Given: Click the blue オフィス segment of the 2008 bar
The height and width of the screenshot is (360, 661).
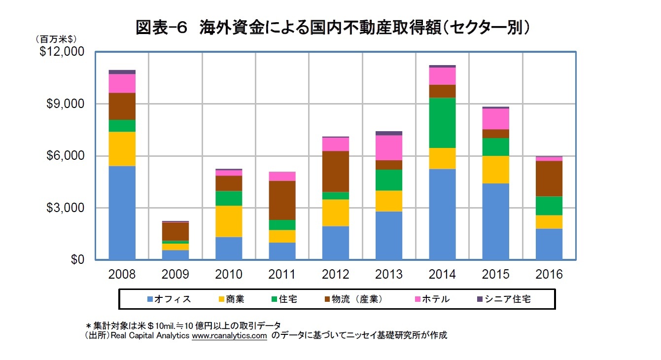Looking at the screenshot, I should coord(122,213).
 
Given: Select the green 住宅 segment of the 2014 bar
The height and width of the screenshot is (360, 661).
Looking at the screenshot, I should coord(442,123).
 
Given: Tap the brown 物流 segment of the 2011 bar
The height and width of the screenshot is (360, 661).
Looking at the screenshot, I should coord(282,200).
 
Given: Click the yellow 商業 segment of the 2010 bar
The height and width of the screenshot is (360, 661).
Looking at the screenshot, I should coord(229,221).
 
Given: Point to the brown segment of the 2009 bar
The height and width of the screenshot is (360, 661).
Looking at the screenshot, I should coord(175,231).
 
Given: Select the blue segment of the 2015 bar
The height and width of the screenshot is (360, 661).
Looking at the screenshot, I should coord(495,221).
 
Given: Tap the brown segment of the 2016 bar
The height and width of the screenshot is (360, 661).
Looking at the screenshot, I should coord(549,179).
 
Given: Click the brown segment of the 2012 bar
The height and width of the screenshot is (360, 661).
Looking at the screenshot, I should coord(336,171).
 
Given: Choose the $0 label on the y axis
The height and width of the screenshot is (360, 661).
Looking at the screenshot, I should coord(74,260).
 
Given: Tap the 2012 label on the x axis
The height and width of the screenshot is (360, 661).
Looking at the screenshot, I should coord(336,275).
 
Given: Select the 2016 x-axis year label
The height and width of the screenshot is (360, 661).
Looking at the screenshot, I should coord(549,275).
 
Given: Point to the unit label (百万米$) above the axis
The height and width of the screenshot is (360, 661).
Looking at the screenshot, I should coord(53,38).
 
